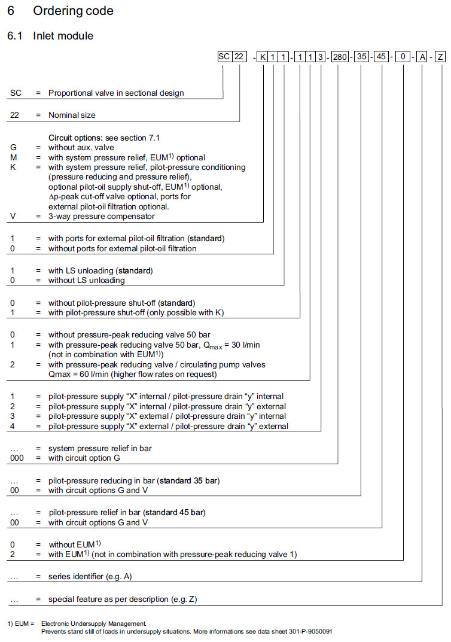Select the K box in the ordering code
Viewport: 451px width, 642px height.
[x=263, y=57]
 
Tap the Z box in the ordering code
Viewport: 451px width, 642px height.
[x=440, y=57]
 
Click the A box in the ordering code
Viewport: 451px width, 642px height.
[x=422, y=57]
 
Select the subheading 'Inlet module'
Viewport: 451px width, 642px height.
[x=63, y=36]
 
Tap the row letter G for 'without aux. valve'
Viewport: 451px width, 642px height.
[x=13, y=147]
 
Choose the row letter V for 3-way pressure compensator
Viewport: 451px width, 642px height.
[x=13, y=216]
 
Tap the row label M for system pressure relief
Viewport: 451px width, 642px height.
[x=13, y=157]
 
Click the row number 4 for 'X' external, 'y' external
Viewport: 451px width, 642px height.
[x=13, y=426]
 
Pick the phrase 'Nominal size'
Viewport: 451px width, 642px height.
[x=72, y=115]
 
